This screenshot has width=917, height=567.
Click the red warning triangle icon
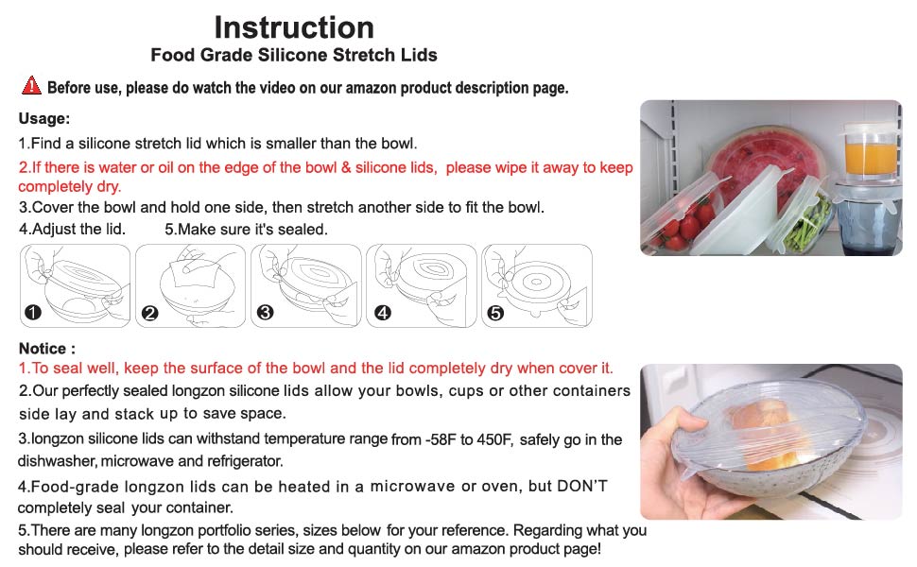click(x=31, y=85)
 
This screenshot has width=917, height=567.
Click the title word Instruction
click(x=294, y=27)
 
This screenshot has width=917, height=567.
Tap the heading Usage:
click(x=44, y=119)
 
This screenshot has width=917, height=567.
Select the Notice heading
click(x=46, y=349)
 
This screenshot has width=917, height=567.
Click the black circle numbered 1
click(x=33, y=312)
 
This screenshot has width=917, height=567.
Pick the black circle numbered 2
click(x=149, y=314)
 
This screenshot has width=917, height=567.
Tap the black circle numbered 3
click(x=265, y=312)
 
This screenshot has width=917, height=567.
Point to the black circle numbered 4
click(x=383, y=313)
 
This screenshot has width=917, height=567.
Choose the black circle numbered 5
click(x=495, y=314)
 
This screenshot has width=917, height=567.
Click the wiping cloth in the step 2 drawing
click(x=194, y=273)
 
